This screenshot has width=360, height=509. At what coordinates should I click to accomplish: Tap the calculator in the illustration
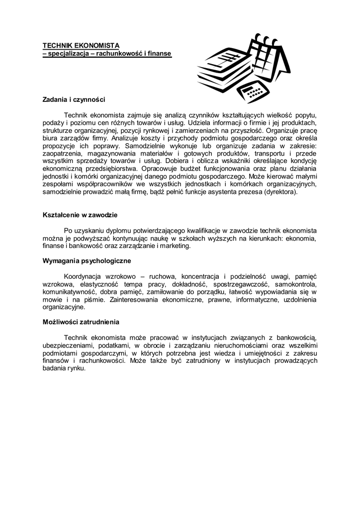(x=254, y=88)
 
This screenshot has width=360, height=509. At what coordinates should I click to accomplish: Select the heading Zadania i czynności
(x=74, y=100)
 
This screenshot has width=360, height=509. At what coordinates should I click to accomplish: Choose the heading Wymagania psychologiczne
(x=87, y=260)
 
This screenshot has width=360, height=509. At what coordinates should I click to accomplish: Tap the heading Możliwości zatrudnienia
(x=81, y=322)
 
